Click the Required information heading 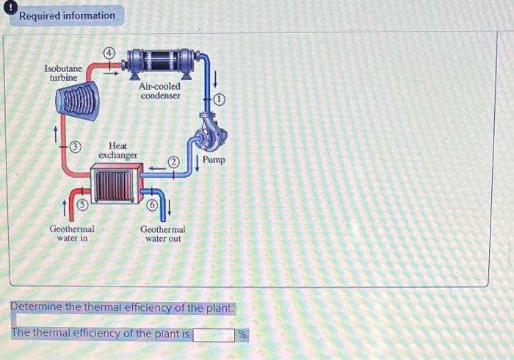[x=67, y=15]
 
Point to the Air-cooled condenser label [x=160, y=90]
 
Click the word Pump [x=214, y=159]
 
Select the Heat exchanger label [x=117, y=151]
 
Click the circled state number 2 [x=174, y=162]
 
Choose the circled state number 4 [x=109, y=53]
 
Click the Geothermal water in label [x=72, y=234]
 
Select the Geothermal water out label [x=163, y=234]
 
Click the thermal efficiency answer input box [x=214, y=335]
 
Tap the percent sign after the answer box [x=243, y=335]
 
